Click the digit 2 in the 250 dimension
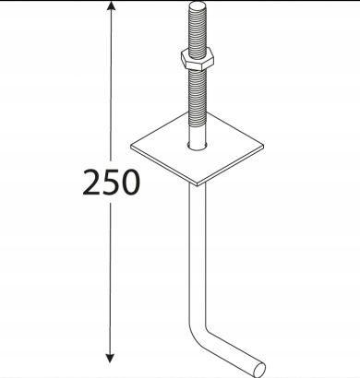91,182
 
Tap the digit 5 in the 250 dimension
110,182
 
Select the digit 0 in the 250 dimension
129,182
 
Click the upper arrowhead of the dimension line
111,6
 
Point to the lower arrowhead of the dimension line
110,359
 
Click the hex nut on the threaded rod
197,59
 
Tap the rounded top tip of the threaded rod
198,6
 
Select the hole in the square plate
198,146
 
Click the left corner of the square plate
131,147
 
